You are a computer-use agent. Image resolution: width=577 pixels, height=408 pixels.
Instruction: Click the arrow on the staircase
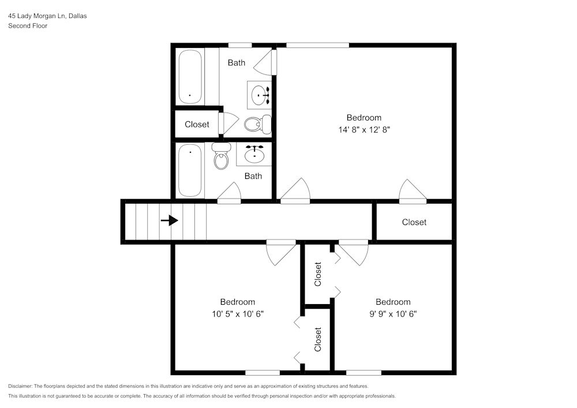click(169, 220)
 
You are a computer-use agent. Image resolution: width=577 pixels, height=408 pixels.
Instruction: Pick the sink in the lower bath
click(254, 155)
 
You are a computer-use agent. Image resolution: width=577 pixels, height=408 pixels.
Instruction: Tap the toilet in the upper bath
click(258, 123)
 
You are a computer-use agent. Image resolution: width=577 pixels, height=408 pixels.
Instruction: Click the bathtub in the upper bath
click(190, 77)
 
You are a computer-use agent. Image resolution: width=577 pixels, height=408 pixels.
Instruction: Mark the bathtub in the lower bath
click(190, 170)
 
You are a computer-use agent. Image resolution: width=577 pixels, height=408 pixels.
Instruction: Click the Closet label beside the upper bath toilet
click(197, 124)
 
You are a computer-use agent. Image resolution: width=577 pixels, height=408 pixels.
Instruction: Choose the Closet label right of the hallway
click(414, 222)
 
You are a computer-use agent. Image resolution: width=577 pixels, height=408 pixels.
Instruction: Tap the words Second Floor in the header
click(28, 26)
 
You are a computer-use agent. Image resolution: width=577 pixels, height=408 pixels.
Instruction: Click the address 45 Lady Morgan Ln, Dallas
click(47, 16)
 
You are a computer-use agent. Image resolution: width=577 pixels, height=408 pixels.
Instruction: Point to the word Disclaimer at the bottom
click(20, 386)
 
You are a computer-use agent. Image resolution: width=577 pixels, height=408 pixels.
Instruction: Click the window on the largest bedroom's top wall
click(318, 45)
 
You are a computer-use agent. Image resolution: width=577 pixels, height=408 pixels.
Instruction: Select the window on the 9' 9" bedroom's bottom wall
click(364, 372)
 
